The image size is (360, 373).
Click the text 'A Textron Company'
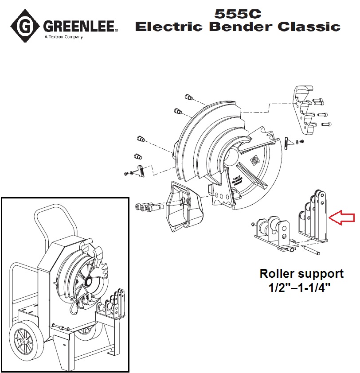tap(64, 37)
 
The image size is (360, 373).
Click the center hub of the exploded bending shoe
tap(234, 157)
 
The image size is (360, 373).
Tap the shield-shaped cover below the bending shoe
tap(182, 206)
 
